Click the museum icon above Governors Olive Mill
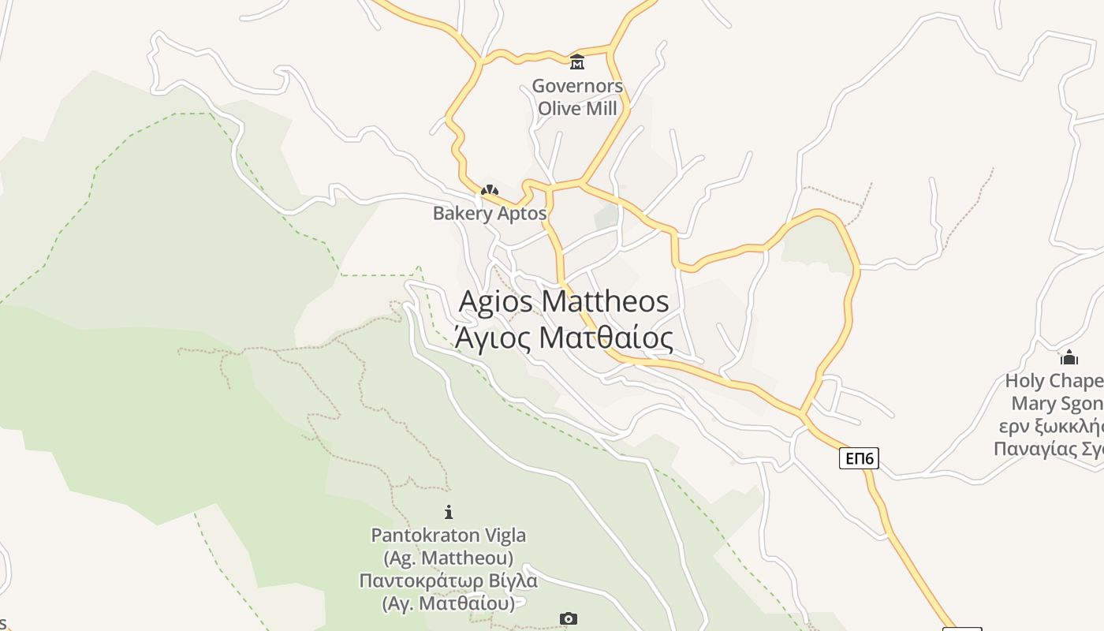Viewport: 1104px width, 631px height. point(577,62)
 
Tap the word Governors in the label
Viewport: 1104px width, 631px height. point(577,86)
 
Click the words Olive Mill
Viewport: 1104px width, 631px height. point(577,109)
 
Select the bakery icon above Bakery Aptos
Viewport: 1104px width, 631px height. point(490,190)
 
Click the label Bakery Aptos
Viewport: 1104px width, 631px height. point(490,214)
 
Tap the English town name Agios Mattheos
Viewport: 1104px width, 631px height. point(564,301)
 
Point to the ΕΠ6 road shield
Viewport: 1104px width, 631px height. point(859,458)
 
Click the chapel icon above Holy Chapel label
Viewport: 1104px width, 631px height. point(1069,357)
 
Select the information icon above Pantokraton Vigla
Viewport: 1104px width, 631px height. point(449,512)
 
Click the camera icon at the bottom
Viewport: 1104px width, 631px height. point(569,619)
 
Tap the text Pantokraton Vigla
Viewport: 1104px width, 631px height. point(449,536)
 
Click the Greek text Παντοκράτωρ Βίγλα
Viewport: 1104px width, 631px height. point(449,581)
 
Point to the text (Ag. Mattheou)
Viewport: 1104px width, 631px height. point(449,558)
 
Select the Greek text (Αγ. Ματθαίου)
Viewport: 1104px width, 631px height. point(449,604)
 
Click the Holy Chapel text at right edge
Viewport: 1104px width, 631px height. point(1054,382)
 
